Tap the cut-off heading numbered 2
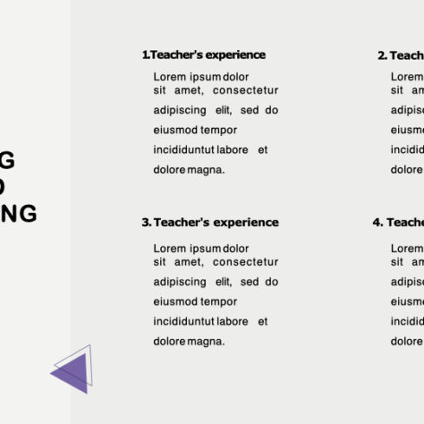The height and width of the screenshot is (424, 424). pyautogui.click(x=401, y=55)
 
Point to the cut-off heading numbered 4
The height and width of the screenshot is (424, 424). pyautogui.click(x=398, y=222)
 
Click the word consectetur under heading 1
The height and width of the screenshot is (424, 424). pyautogui.click(x=246, y=90)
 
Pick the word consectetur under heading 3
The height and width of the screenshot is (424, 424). pyautogui.click(x=246, y=261)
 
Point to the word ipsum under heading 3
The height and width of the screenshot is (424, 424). pyautogui.click(x=203, y=247)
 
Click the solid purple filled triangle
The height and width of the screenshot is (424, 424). pyautogui.click(x=72, y=373)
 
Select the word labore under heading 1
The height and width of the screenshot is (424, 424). pyautogui.click(x=233, y=150)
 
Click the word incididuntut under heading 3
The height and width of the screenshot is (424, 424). pyautogui.click(x=184, y=321)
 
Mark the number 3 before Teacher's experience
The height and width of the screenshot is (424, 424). pyautogui.click(x=145, y=222)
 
